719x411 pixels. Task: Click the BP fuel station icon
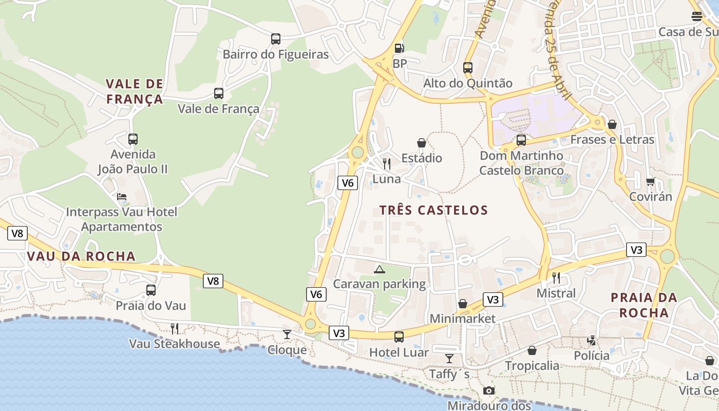[399, 48]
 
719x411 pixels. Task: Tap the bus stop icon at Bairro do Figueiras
[276, 39]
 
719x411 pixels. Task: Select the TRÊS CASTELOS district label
[433, 210]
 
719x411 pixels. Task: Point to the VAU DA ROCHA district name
[81, 256]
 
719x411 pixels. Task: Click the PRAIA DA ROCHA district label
[644, 305]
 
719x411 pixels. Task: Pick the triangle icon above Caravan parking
[379, 269]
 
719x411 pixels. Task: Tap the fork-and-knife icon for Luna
[387, 164]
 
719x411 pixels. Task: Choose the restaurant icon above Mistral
[556, 278]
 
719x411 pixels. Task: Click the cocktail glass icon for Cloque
[287, 334]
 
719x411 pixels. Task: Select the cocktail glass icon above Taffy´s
[449, 359]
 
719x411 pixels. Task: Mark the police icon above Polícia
[592, 340]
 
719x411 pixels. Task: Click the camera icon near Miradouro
[489, 390]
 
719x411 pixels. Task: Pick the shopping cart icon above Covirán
[650, 181]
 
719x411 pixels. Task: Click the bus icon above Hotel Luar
[399, 337]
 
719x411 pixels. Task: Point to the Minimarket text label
[463, 319]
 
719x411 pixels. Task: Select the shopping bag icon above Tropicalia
[532, 350]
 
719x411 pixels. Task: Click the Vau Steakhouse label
[174, 344]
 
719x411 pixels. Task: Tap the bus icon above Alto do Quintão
[467, 67]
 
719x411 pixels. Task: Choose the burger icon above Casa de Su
[696, 16]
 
